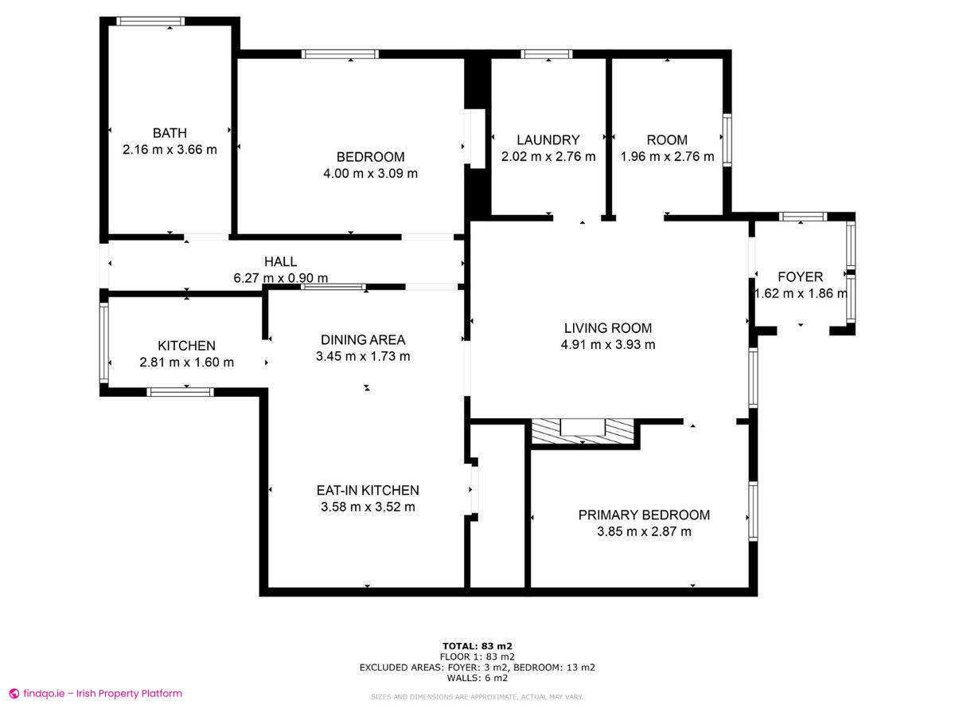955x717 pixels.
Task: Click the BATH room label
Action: pyautogui.click(x=170, y=133)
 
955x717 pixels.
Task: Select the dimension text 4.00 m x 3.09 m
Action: pyautogui.click(x=370, y=173)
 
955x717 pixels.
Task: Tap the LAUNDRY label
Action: pyautogui.click(x=548, y=139)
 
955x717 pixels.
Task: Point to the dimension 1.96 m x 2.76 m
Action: pyautogui.click(x=667, y=156)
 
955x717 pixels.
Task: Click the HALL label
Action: pyautogui.click(x=281, y=261)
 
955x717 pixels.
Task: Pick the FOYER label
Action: pyautogui.click(x=800, y=277)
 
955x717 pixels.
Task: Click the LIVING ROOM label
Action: pyautogui.click(x=608, y=327)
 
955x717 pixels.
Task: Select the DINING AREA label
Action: pyautogui.click(x=363, y=339)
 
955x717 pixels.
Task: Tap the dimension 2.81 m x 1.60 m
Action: pyautogui.click(x=187, y=362)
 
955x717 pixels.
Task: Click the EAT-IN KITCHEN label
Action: pyautogui.click(x=368, y=490)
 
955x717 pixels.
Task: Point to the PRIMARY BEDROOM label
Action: pyautogui.click(x=644, y=515)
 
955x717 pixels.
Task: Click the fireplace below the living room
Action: pyautogui.click(x=583, y=432)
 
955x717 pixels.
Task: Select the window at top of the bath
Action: pyautogui.click(x=150, y=22)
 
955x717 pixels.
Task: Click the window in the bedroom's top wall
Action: pyautogui.click(x=341, y=54)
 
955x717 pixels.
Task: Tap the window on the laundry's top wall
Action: pyautogui.click(x=547, y=54)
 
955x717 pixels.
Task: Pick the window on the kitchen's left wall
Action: pyautogui.click(x=104, y=343)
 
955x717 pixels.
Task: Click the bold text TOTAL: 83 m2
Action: pyautogui.click(x=477, y=646)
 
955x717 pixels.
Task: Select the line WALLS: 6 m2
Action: pyautogui.click(x=477, y=677)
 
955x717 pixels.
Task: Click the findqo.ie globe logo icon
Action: pyautogui.click(x=14, y=693)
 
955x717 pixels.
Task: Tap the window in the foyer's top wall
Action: pyautogui.click(x=803, y=217)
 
